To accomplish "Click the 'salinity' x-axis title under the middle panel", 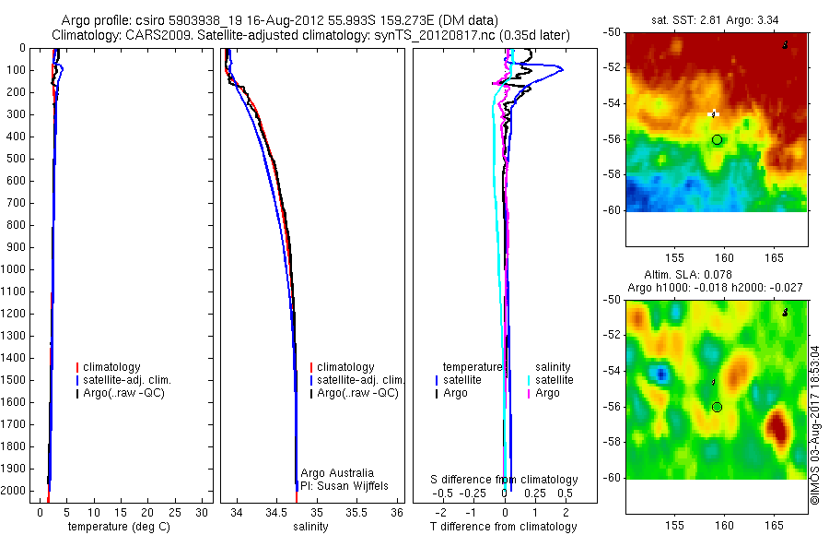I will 311,527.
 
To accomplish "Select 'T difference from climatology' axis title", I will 505,527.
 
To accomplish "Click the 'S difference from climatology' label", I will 505,480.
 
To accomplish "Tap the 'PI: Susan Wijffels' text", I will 343,485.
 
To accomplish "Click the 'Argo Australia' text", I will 337,473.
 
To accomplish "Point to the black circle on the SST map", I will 718,139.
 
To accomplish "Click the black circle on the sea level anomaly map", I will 718,407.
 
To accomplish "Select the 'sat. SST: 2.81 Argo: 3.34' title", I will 715,19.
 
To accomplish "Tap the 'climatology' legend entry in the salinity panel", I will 345,367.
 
